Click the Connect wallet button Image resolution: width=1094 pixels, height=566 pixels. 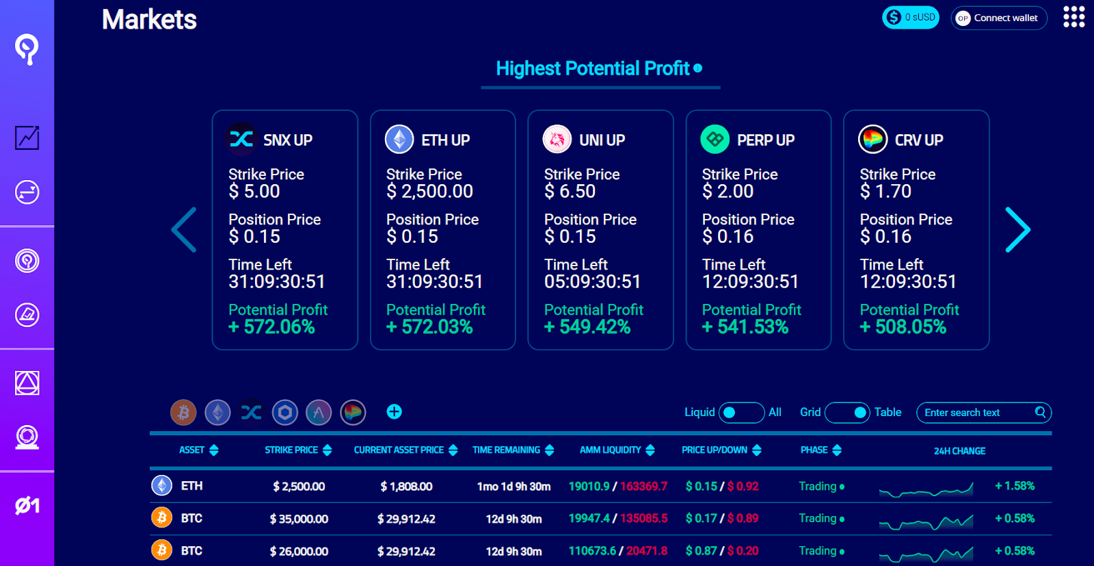(x=998, y=18)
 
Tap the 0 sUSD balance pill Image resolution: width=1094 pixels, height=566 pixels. (x=910, y=17)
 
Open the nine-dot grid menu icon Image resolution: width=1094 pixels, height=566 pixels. (x=1073, y=17)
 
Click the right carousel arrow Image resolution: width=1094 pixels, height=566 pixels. (x=1017, y=230)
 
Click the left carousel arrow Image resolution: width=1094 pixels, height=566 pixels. (x=184, y=230)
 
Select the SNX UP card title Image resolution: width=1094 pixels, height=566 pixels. (x=287, y=140)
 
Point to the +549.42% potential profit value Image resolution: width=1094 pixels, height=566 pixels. (x=587, y=327)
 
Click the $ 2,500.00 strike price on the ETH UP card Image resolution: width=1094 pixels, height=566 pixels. (x=429, y=192)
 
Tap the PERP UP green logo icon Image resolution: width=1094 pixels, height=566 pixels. (x=715, y=140)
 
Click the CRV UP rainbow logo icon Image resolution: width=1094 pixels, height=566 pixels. (x=872, y=140)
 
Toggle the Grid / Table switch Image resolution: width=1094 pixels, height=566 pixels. (x=847, y=413)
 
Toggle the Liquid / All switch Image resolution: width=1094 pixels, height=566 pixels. (x=741, y=413)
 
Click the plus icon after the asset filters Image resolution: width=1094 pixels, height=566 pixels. (x=394, y=412)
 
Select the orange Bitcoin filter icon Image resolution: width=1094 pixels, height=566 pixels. (x=183, y=413)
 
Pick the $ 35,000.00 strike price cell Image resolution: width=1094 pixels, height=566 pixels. (x=299, y=519)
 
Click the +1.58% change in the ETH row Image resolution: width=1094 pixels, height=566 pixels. (x=1015, y=486)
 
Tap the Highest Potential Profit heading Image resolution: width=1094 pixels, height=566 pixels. (x=593, y=68)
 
